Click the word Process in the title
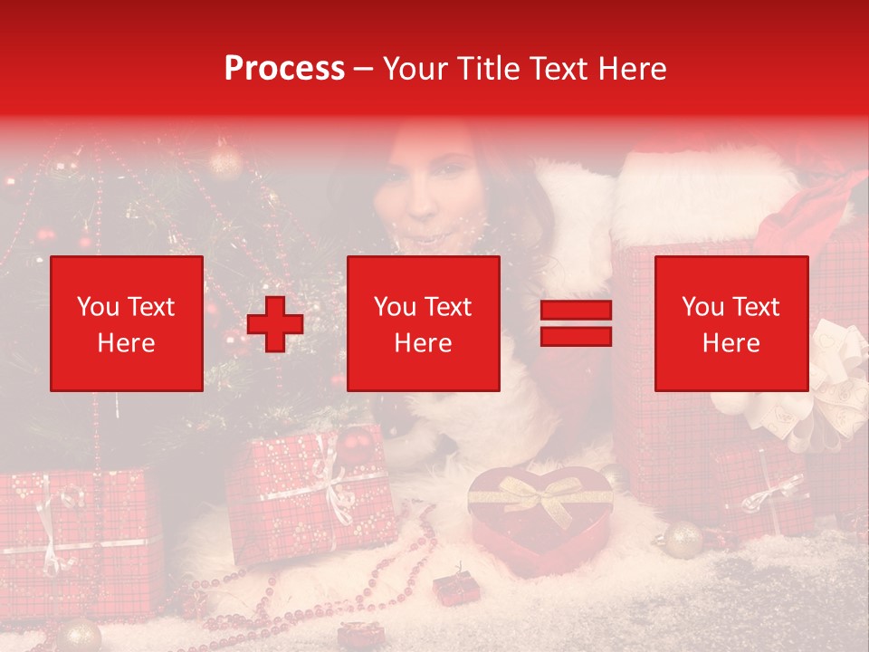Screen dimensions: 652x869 tap(284, 69)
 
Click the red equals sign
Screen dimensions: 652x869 tap(576, 323)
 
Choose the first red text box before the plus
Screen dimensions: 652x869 tap(127, 323)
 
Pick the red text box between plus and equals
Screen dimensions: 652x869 tap(423, 323)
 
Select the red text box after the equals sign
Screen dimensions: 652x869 tap(731, 323)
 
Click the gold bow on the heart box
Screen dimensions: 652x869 tap(540, 494)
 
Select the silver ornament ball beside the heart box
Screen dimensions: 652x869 tap(683, 539)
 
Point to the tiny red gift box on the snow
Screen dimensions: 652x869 tap(451, 588)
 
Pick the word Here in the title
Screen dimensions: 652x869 tap(629, 69)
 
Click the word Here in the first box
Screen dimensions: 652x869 tap(127, 343)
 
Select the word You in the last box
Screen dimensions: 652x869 tap(702, 307)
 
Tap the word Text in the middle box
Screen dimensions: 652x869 tap(447, 307)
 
